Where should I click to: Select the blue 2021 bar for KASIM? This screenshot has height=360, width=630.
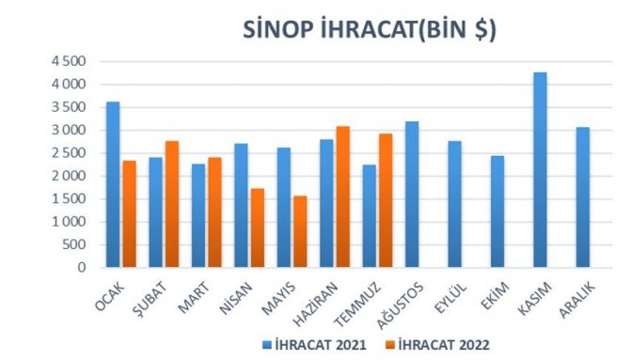539,170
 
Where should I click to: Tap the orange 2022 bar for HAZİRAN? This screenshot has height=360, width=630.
342,197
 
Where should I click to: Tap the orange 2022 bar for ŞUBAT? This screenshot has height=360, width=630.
171,205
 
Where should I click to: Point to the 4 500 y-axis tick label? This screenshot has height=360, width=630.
68,61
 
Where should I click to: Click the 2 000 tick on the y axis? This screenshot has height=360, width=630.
68,176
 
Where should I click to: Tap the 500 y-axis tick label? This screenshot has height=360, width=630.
75,244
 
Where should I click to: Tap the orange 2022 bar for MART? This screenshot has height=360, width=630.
213,212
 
